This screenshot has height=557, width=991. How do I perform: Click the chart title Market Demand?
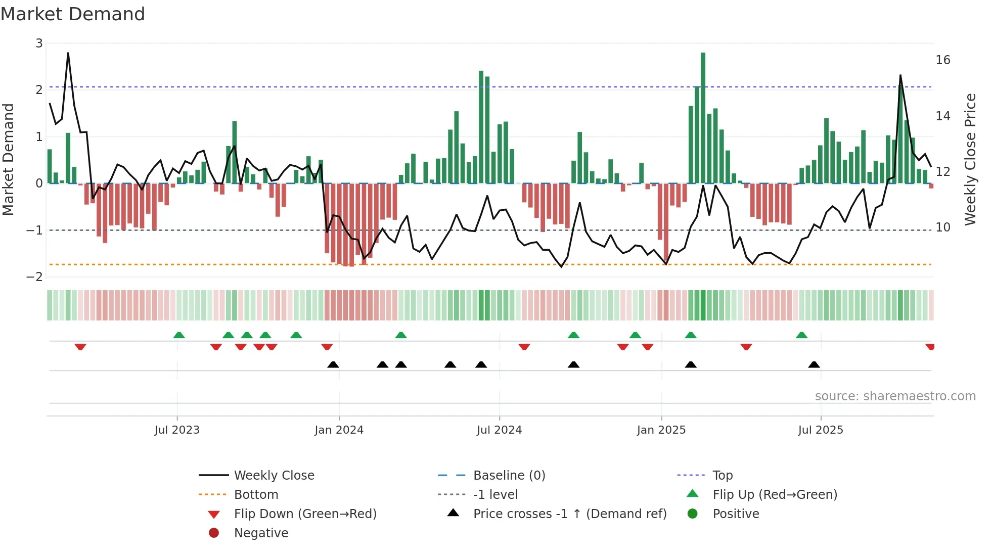click(73, 14)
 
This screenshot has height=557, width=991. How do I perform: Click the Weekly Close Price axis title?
click(970, 159)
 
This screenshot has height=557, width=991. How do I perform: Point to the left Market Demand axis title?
click(8, 159)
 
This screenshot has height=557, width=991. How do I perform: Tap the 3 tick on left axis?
click(39, 43)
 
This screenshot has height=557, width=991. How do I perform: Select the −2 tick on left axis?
click(35, 277)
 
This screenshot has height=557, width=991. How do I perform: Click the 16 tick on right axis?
click(942, 60)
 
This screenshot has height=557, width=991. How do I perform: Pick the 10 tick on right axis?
click(942, 227)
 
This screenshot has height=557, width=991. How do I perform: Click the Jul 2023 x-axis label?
click(177, 430)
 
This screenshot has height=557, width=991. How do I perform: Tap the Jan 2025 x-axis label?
click(661, 430)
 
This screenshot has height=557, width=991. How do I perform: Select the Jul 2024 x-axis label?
click(499, 430)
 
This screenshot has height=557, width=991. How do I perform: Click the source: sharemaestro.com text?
click(895, 396)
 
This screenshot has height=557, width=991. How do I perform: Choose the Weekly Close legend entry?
click(274, 476)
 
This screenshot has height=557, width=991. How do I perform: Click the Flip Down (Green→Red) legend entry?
click(305, 514)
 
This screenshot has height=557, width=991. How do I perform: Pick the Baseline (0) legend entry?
click(509, 476)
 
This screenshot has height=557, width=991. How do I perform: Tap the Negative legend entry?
click(261, 533)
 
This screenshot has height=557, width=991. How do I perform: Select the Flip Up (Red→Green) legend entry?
click(775, 495)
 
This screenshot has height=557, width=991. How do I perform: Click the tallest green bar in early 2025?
click(703, 117)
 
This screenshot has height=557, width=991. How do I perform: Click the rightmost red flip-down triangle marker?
click(930, 347)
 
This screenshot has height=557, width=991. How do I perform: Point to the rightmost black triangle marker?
click(814, 364)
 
